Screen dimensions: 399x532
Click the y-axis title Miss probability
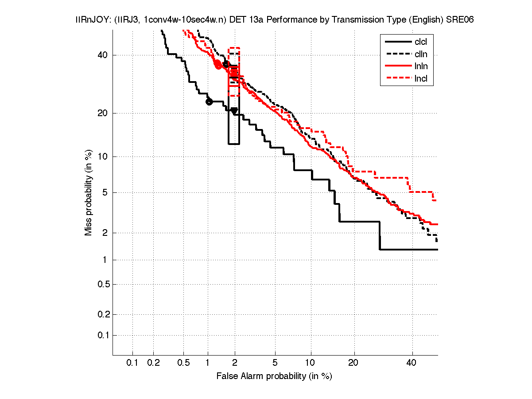[89, 192]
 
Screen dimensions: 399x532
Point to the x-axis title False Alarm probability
[274, 376]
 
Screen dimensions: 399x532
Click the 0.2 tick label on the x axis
[153, 363]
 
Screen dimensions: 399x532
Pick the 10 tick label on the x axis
[311, 363]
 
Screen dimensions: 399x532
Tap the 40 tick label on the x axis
[412, 363]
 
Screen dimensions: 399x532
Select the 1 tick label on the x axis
[208, 363]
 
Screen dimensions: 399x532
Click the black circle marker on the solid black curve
[209, 102]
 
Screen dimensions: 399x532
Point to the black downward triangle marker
[234, 111]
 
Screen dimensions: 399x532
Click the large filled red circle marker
[218, 64]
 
